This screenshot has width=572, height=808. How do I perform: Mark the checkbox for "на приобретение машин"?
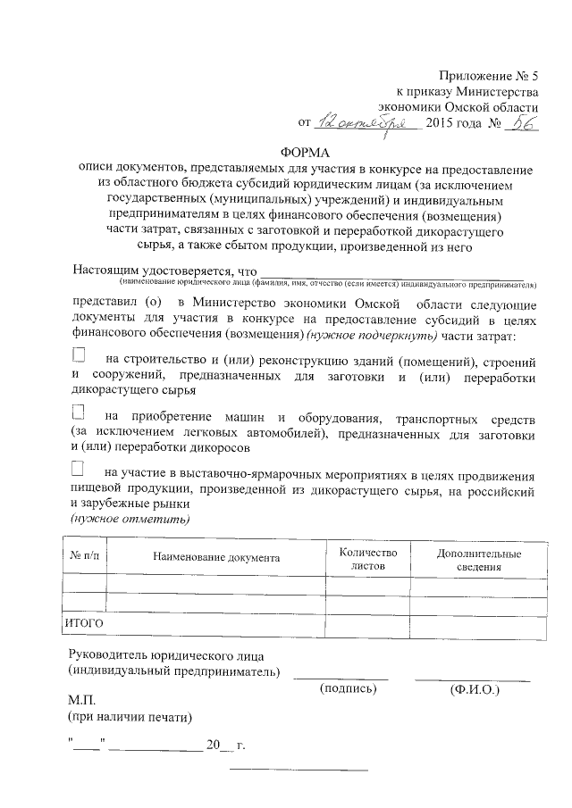pyautogui.click(x=79, y=413)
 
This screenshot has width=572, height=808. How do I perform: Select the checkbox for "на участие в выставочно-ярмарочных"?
pyautogui.click(x=79, y=469)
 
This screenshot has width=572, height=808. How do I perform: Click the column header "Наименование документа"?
pyautogui.click(x=216, y=557)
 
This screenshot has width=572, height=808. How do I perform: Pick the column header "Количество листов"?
pyautogui.click(x=361, y=559)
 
